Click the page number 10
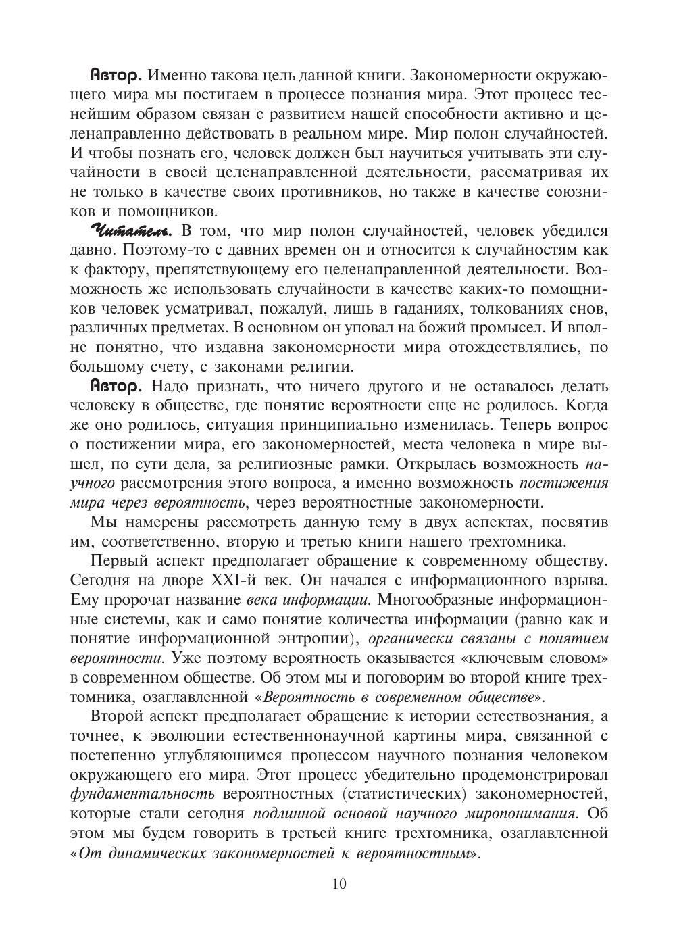339,884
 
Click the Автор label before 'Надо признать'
116,387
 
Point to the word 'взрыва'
584,581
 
